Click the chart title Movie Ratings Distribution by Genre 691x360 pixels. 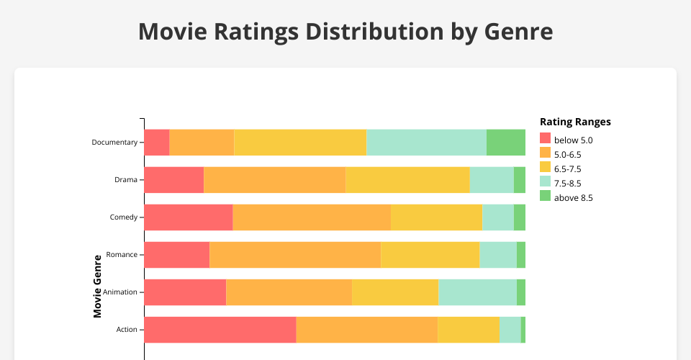345,32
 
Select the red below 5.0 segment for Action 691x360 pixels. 220,330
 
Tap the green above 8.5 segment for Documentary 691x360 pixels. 505,142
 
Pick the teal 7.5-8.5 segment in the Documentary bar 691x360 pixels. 426,142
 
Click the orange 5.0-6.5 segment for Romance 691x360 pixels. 295,255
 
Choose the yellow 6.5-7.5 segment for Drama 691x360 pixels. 407,179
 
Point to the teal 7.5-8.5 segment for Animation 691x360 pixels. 477,292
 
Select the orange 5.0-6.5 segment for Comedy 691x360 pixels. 312,217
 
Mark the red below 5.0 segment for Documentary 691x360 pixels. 156,142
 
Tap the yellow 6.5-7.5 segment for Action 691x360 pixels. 468,330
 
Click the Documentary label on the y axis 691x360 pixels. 114,142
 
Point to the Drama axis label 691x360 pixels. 125,179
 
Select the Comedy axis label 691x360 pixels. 123,217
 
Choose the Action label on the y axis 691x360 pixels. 126,330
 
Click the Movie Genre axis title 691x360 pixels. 97,286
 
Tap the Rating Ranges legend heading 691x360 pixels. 575,122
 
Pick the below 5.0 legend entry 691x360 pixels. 573,140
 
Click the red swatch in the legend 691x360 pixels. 545,139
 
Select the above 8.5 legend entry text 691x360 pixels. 574,197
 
